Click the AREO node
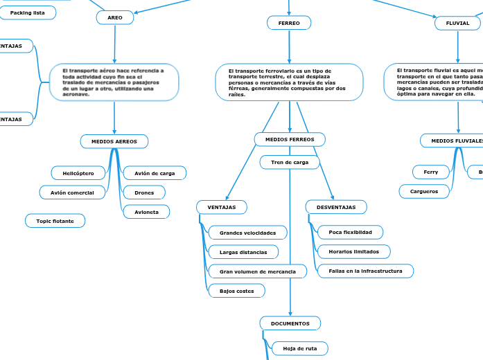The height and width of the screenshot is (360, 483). [x=114, y=17]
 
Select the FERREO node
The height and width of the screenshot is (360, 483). [x=289, y=24]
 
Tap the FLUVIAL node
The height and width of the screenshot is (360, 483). [x=457, y=24]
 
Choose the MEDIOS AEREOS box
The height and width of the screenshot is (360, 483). [x=114, y=141]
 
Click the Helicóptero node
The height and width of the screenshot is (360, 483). [x=78, y=172]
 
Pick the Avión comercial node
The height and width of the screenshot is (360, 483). [x=73, y=192]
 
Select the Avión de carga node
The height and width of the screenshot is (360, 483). [x=155, y=173]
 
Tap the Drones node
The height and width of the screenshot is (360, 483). [x=144, y=192]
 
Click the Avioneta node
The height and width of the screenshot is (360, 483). [x=146, y=212]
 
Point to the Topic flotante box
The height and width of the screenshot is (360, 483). [x=55, y=221]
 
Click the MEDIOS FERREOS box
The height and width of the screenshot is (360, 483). [x=290, y=140]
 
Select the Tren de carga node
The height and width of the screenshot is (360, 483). [x=290, y=162]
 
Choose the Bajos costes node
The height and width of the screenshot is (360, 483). [x=236, y=291]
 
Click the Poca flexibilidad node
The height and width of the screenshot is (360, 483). [x=350, y=232]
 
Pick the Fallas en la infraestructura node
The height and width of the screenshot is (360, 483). [x=365, y=271]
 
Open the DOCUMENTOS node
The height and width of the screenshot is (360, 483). [x=290, y=323]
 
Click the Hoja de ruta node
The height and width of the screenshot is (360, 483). [x=300, y=348]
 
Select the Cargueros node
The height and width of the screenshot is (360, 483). [x=424, y=190]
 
